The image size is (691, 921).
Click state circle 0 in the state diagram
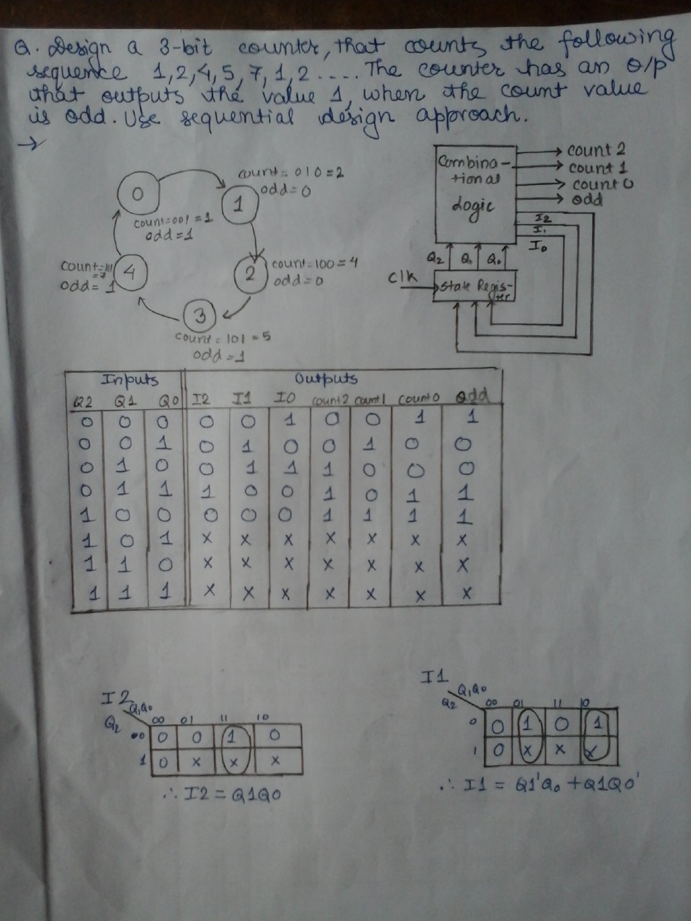(x=138, y=194)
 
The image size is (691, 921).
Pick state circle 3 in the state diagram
(x=200, y=316)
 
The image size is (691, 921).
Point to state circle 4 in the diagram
(x=130, y=272)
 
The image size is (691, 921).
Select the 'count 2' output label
(x=596, y=150)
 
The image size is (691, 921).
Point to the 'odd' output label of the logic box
(x=587, y=200)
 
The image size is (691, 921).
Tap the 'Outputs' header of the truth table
(x=326, y=379)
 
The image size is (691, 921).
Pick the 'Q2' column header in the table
(x=84, y=401)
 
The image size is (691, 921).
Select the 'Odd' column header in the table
(x=472, y=397)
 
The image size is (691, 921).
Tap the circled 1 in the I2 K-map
(x=232, y=735)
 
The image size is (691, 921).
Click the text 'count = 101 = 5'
(x=223, y=337)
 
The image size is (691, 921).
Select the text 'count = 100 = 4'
(x=314, y=264)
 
